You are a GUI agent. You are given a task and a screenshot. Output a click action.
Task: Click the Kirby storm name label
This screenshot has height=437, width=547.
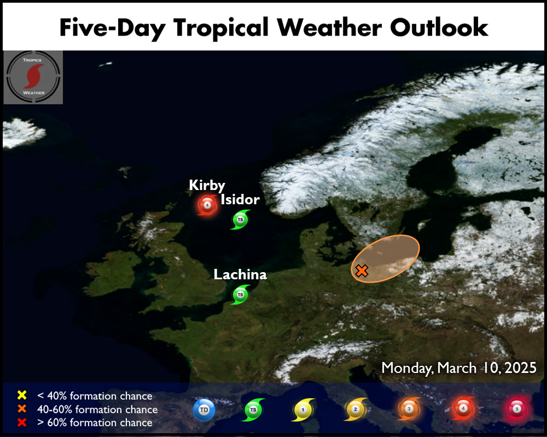pyautogui.click(x=207, y=186)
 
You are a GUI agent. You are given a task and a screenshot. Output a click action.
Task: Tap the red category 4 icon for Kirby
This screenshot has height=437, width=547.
pyautogui.click(x=207, y=205)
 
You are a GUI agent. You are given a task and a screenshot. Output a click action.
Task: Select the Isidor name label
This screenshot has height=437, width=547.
pyautogui.click(x=240, y=199)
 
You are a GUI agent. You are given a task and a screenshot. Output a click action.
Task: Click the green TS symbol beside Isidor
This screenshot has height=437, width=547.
pyautogui.click(x=240, y=220)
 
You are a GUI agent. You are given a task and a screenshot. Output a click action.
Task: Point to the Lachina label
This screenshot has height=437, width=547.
pyautogui.click(x=240, y=274)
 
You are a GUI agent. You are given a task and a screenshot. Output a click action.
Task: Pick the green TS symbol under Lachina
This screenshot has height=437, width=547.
pyautogui.click(x=240, y=295)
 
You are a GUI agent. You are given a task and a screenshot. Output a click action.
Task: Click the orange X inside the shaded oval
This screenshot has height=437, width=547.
pyautogui.click(x=362, y=271)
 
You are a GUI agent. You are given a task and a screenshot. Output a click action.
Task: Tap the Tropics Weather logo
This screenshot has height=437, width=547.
pyautogui.click(x=33, y=77)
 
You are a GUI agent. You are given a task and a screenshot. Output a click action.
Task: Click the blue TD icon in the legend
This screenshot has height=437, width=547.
pyautogui.click(x=204, y=410)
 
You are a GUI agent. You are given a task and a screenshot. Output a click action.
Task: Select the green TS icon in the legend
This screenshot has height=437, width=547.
pyautogui.click(x=253, y=410)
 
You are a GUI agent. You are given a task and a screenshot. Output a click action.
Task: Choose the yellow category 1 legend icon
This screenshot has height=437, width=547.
pyautogui.click(x=303, y=410)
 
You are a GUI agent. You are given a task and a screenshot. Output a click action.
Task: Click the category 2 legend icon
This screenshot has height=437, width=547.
pyautogui.click(x=356, y=410)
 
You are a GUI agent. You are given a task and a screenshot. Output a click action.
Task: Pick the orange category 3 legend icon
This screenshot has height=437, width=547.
pyautogui.click(x=409, y=409)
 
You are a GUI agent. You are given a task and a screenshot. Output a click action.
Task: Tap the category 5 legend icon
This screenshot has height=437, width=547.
pyautogui.click(x=517, y=409)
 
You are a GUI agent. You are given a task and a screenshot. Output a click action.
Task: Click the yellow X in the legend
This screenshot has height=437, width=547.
pyautogui.click(x=22, y=395)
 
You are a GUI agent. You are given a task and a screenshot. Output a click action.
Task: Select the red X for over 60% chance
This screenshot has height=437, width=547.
pyautogui.click(x=22, y=422)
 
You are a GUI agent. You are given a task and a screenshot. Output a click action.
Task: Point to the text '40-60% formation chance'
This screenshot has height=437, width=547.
pyautogui.click(x=97, y=409)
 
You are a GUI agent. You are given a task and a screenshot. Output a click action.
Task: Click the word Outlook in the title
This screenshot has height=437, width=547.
pyautogui.click(x=439, y=27)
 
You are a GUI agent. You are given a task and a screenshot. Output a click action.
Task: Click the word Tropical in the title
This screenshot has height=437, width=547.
pyautogui.click(x=221, y=28)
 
